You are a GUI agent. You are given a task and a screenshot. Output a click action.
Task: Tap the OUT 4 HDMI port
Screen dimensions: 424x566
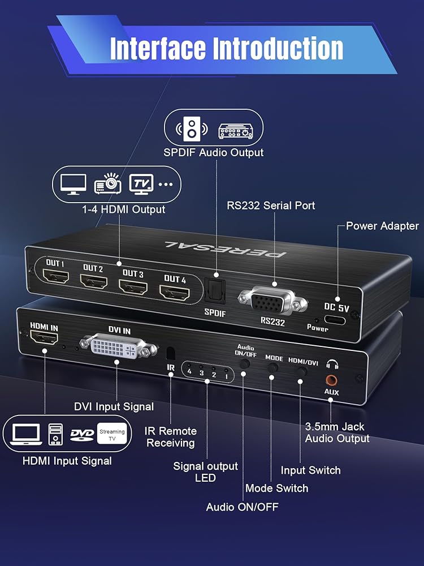(175, 293)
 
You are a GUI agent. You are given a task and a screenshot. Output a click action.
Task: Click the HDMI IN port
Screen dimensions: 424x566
(44, 340)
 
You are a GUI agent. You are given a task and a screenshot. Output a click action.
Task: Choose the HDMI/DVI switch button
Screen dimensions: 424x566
(302, 372)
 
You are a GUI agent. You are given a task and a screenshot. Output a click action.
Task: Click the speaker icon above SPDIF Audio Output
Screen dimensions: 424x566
(191, 129)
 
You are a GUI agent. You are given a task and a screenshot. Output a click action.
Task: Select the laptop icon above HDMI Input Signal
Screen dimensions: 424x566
(25, 434)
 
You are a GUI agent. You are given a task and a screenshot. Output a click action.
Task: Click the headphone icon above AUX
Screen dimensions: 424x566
(332, 365)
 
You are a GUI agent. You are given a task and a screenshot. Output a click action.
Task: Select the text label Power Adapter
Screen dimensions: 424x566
(382, 226)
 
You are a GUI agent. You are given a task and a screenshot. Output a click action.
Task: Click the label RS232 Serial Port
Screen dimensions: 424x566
(271, 205)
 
